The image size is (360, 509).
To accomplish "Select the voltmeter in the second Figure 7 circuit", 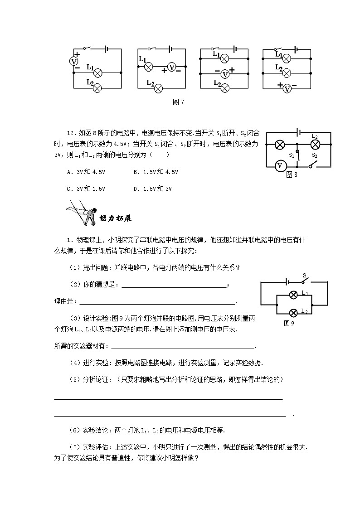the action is (x=171, y=67).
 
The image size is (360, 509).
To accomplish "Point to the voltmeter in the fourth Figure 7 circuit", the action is (x=287, y=88).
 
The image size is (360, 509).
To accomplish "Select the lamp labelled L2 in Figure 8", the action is (x=315, y=145).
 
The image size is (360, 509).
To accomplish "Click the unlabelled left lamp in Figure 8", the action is (x=280, y=145).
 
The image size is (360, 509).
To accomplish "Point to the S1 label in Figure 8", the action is (x=292, y=156).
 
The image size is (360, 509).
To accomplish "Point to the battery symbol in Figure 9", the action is (x=286, y=281).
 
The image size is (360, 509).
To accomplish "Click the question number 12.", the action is (x=70, y=133).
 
